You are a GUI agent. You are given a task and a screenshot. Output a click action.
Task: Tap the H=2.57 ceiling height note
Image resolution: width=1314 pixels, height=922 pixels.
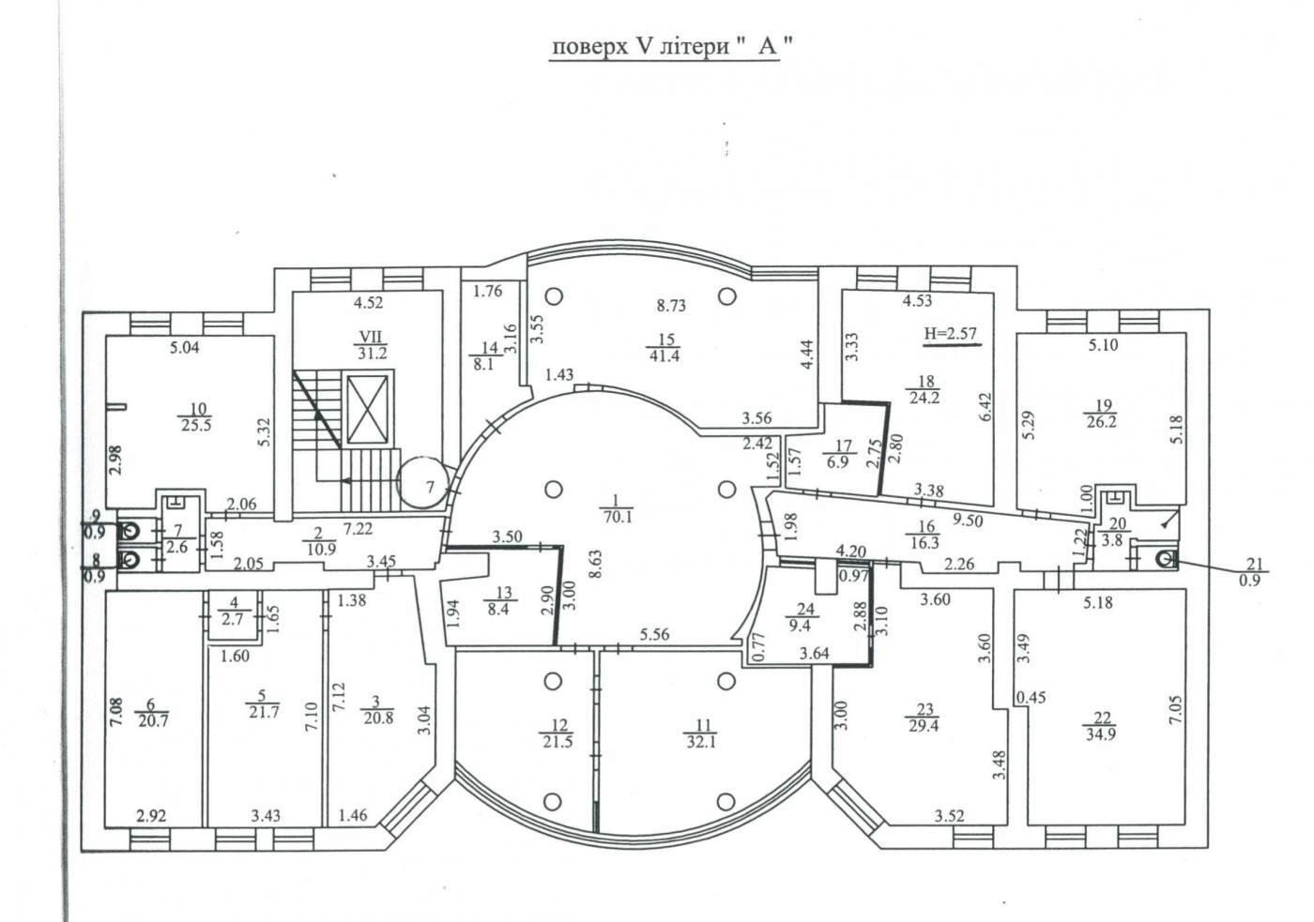951,334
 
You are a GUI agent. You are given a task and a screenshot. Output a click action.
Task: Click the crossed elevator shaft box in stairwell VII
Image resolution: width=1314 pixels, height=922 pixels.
368,410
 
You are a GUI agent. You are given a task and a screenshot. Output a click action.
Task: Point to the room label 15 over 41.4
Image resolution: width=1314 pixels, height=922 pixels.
665,348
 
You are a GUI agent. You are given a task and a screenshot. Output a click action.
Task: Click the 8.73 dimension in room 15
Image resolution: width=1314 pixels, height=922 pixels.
671,306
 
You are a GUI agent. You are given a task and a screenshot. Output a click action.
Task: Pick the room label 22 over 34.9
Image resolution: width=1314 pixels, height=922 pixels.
1101,726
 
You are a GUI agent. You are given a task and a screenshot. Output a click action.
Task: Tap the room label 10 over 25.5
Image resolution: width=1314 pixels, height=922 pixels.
196,416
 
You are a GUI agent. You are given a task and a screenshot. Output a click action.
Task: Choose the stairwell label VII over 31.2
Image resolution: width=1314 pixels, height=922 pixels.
371,345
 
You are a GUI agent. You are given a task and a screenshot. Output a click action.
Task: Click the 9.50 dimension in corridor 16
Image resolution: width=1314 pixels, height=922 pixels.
968,521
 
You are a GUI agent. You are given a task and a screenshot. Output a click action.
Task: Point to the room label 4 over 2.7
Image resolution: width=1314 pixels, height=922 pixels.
233,612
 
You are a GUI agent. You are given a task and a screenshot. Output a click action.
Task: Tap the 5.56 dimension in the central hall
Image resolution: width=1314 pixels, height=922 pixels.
655,634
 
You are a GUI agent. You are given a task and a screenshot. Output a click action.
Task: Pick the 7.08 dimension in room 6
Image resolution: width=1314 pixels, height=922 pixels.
115,711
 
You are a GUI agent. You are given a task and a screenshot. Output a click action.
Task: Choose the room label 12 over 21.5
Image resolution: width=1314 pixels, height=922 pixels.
558,733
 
